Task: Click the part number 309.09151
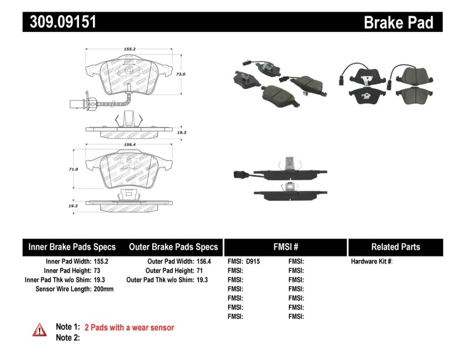[60, 22]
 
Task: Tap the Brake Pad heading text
[398, 22]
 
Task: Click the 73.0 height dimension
[180, 74]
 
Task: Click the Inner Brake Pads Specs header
[72, 247]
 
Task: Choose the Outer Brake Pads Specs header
[173, 247]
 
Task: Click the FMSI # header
[285, 247]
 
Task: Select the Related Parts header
[395, 247]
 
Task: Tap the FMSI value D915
[253, 262]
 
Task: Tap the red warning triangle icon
[39, 330]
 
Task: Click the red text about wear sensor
[129, 327]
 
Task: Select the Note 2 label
[67, 337]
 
